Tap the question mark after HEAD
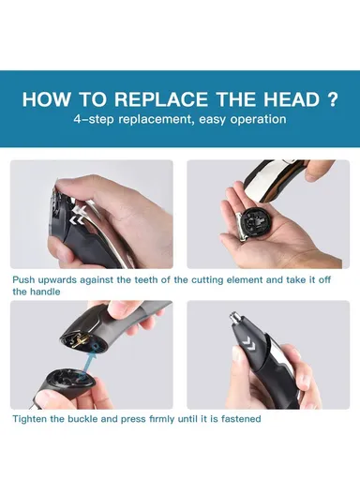[x=332, y=99]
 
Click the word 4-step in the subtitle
[x=95, y=120]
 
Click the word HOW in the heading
[x=44, y=99]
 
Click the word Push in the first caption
[x=25, y=279]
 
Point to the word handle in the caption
[x=48, y=292]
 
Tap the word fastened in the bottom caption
[x=238, y=419]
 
